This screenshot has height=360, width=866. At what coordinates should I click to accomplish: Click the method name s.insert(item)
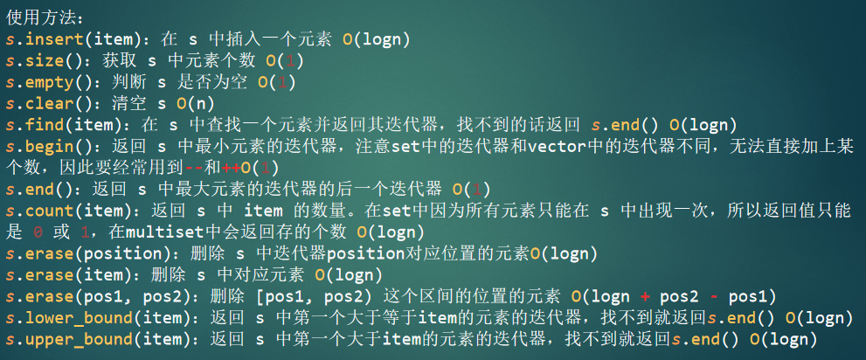click(x=77, y=39)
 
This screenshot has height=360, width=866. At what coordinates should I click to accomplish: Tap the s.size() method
click(x=48, y=61)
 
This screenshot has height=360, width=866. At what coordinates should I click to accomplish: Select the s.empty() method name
click(x=53, y=83)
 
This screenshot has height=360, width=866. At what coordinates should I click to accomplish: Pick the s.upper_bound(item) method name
click(x=102, y=340)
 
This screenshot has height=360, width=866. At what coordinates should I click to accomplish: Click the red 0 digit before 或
click(x=38, y=232)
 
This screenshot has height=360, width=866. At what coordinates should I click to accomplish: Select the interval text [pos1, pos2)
click(x=314, y=297)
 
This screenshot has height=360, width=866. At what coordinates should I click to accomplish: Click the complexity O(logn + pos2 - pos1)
click(x=673, y=297)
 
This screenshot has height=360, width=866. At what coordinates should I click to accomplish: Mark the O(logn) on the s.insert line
click(x=376, y=39)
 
